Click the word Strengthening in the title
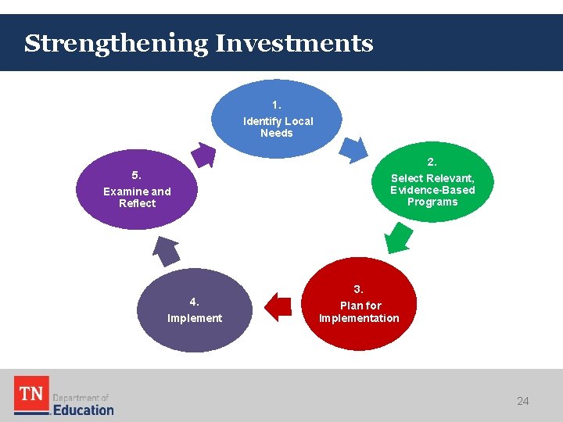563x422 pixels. click(x=116, y=44)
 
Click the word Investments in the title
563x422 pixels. click(x=294, y=43)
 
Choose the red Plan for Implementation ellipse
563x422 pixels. click(x=358, y=305)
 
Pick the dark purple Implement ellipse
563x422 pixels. click(x=195, y=310)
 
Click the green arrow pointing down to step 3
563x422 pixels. click(x=399, y=237)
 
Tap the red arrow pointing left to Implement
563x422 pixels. click(x=278, y=306)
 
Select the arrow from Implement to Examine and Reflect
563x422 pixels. click(x=166, y=251)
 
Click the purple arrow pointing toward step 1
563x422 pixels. click(x=204, y=154)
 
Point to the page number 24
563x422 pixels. click(x=523, y=401)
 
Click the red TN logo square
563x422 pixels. click(x=31, y=395)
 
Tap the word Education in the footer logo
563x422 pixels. click(x=83, y=409)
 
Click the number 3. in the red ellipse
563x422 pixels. click(x=358, y=289)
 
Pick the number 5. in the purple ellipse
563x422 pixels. click(x=137, y=174)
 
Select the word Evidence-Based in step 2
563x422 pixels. click(x=432, y=190)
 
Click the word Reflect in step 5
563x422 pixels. click(x=138, y=203)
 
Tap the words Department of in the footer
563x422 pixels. click(x=81, y=397)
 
